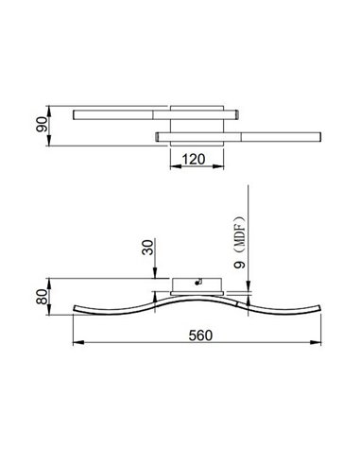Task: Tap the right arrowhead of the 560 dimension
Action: (x=320, y=343)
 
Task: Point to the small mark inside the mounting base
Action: (x=197, y=281)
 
